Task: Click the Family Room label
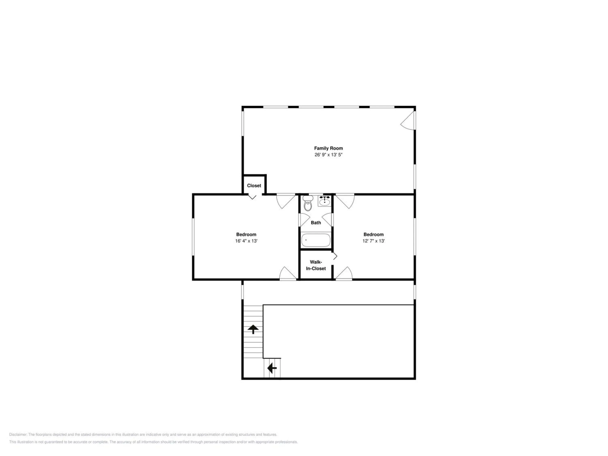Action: click(329, 148)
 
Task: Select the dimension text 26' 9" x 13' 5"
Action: click(329, 155)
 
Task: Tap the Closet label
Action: click(254, 185)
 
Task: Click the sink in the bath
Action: click(325, 201)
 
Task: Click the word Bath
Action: click(316, 223)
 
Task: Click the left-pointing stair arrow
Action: click(272, 368)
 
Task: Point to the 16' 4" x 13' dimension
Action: click(246, 241)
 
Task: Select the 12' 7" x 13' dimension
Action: click(374, 241)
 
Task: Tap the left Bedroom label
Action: click(246, 234)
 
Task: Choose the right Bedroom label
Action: click(374, 234)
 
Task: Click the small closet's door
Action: click(252, 197)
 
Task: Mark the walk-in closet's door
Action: click(335, 256)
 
